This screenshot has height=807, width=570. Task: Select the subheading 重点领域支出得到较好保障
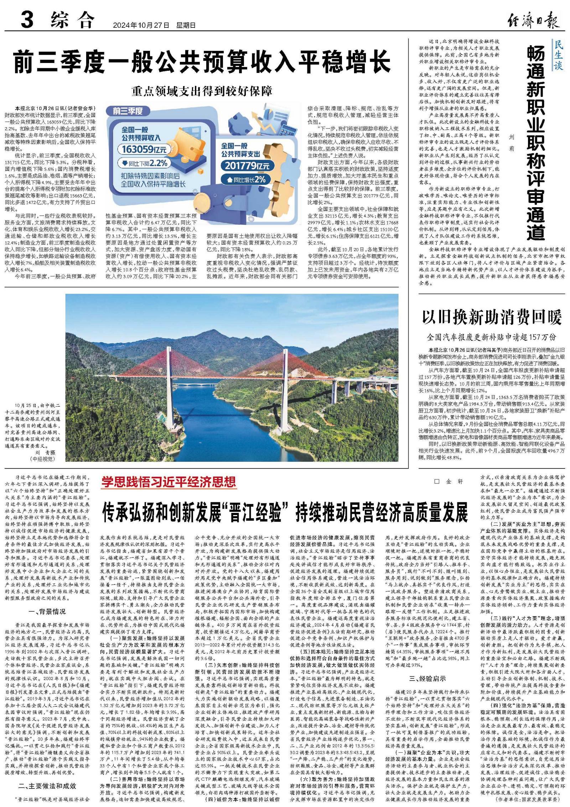202,91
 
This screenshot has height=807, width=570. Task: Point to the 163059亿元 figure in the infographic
144,149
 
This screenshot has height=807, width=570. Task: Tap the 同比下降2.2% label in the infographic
144,163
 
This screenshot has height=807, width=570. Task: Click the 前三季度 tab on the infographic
128,111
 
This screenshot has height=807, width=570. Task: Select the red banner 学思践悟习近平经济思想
169,482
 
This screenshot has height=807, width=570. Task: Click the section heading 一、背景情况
47,612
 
